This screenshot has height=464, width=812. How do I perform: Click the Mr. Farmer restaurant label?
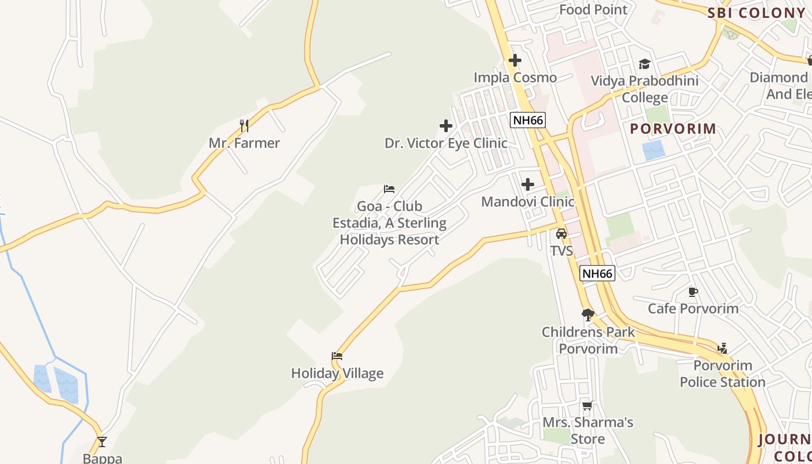[244, 143]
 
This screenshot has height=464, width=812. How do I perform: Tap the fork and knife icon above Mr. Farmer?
[244, 125]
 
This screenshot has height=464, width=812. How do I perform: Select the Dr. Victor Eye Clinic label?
[445, 143]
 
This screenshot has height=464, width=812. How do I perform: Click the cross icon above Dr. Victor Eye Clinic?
[445, 125]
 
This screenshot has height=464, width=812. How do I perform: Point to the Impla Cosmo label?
[515, 77]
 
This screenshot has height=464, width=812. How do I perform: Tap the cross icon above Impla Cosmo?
[515, 60]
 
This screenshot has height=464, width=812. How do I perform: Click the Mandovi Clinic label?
[528, 202]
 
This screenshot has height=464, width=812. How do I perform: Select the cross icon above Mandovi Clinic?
[528, 184]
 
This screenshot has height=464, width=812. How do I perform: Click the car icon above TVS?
[561, 234]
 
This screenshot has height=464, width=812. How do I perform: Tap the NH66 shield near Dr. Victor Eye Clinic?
[528, 120]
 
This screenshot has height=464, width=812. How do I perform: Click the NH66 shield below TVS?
[597, 273]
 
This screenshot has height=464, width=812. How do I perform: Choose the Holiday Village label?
[337, 373]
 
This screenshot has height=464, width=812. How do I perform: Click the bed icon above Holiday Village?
[337, 356]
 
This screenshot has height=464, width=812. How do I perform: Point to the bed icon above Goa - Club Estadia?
[389, 189]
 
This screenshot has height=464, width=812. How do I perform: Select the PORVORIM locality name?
[673, 128]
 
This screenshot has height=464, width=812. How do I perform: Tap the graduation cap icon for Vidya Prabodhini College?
[644, 64]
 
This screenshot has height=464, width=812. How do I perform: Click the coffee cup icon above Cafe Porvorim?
[693, 291]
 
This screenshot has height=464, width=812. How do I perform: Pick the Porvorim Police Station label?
[723, 374]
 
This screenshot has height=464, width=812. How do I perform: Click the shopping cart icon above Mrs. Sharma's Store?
[588, 405]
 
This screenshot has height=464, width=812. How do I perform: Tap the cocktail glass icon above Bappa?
[102, 441]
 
